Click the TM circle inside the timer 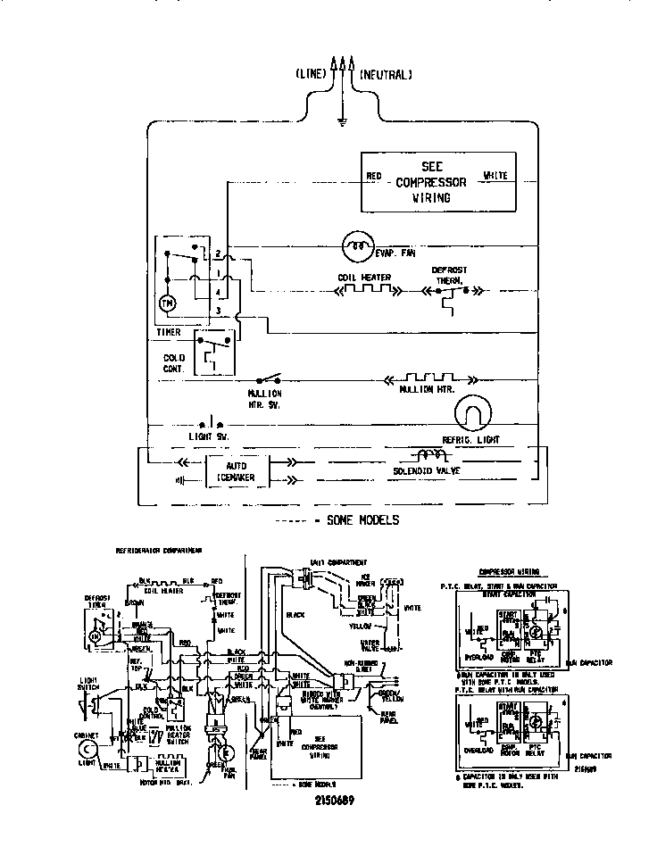click(167, 304)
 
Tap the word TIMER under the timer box click(169, 333)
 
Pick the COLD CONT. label click(175, 363)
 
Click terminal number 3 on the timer click(218, 310)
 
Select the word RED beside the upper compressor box click(374, 176)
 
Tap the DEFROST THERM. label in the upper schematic click(449, 274)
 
